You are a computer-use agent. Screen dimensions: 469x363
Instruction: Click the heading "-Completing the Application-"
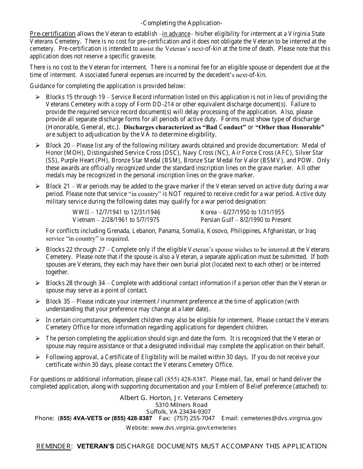[x=181, y=23]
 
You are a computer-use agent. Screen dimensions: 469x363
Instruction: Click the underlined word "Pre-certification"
[x=53, y=34]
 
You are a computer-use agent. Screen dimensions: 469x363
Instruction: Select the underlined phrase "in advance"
[x=176, y=34]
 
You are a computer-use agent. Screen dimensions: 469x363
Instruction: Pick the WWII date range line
[x=117, y=212]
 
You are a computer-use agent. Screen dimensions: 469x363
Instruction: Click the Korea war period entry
[x=242, y=212]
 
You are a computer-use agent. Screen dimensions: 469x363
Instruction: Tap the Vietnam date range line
[x=116, y=220]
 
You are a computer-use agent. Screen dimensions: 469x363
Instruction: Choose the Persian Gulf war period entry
[x=246, y=220]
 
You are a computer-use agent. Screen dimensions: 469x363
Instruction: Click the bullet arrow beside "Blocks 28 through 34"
[x=37, y=283]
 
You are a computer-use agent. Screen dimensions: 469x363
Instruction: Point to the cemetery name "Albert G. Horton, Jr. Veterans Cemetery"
[x=181, y=398]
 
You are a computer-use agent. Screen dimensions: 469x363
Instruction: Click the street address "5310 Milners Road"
[x=181, y=405]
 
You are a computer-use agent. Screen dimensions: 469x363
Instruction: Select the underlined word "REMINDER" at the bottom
[x=53, y=447]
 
